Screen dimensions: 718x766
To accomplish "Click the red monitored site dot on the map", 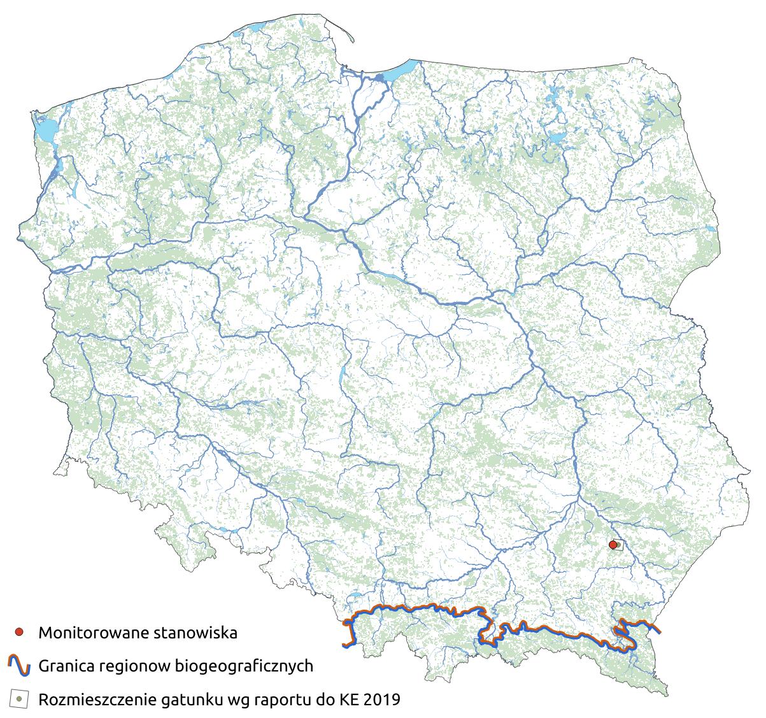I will tap(613, 545).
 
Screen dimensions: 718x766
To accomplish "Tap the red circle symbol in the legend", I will tap(19, 633).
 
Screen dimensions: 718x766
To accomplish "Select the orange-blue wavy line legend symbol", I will tap(19, 666).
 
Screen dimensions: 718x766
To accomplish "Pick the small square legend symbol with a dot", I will tap(19, 699).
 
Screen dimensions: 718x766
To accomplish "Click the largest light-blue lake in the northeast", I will tap(558, 138).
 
